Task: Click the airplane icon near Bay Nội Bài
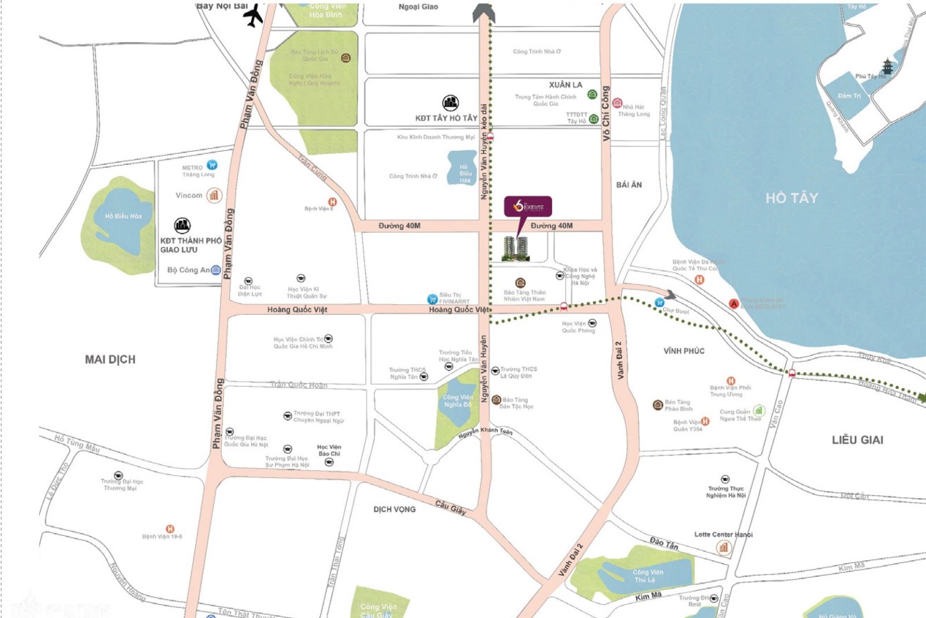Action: point(253,16)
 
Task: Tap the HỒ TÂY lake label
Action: point(791,198)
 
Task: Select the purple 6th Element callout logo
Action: point(527,207)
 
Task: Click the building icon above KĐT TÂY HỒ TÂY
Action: point(450,104)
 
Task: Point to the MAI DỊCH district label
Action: point(110,359)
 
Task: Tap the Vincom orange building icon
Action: point(214,195)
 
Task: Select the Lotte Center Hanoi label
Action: point(723,535)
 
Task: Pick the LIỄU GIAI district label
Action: point(857,440)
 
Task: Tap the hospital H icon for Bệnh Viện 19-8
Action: point(170,528)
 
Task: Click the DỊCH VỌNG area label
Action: point(394,509)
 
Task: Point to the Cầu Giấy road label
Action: point(450,507)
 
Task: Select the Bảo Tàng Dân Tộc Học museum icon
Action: point(496,400)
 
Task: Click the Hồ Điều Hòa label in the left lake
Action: point(123,216)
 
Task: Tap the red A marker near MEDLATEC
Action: point(734,303)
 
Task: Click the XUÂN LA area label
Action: point(565,84)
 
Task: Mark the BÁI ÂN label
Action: point(629,185)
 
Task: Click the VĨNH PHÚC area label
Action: point(684,351)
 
